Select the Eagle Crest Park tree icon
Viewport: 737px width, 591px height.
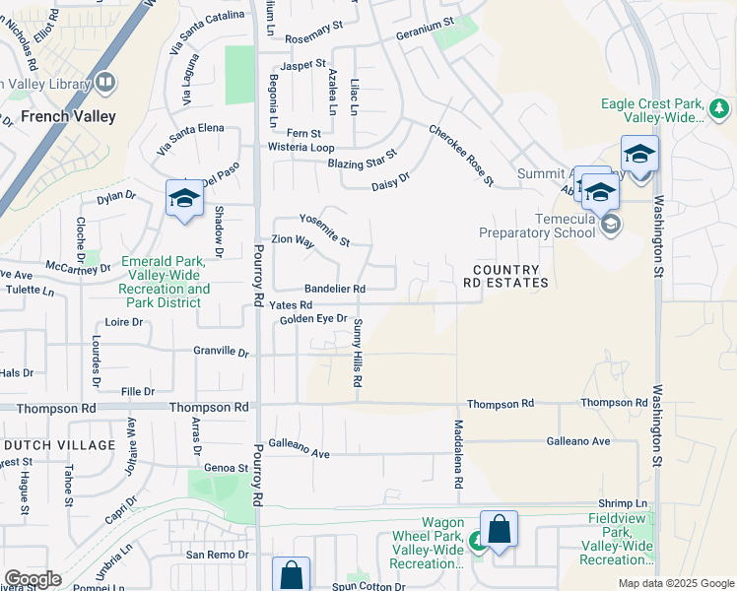coord(719,107)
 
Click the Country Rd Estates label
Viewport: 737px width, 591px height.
coord(505,276)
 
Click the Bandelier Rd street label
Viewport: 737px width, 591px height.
coord(335,289)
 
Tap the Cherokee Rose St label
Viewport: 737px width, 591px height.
coord(460,155)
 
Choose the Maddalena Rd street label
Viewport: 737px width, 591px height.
coord(458,456)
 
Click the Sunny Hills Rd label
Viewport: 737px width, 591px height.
coord(358,354)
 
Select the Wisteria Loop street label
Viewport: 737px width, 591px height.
coord(301,147)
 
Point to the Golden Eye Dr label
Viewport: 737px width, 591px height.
coord(313,319)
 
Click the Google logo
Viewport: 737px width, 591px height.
coord(33,579)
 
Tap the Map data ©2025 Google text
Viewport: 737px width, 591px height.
coord(676,583)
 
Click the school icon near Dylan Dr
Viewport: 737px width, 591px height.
coord(184,200)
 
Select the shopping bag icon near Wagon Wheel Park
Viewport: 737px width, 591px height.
coord(500,530)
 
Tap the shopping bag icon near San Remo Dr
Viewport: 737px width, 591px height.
coord(292,575)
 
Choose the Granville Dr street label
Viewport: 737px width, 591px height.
coord(221,351)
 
